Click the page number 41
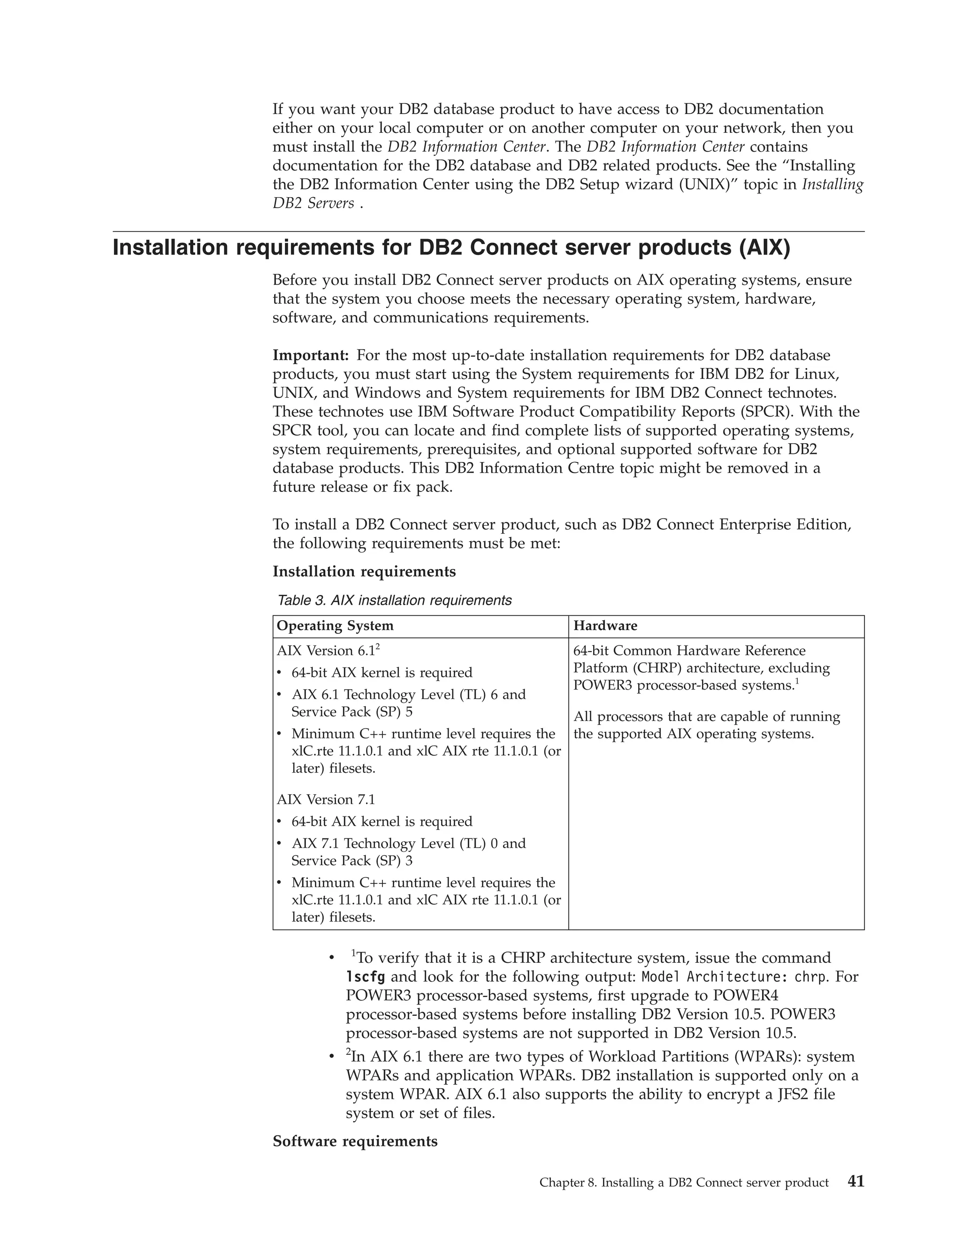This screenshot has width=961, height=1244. pyautogui.click(x=856, y=1182)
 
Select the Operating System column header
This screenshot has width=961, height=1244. pyautogui.click(x=335, y=626)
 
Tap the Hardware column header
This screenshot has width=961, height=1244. pyautogui.click(x=605, y=626)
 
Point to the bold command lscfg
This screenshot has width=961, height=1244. pyautogui.click(x=365, y=977)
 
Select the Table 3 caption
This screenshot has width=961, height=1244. pyautogui.click(x=394, y=600)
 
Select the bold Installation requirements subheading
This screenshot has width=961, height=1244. pyautogui.click(x=364, y=571)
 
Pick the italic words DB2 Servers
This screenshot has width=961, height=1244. pyautogui.click(x=313, y=203)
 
